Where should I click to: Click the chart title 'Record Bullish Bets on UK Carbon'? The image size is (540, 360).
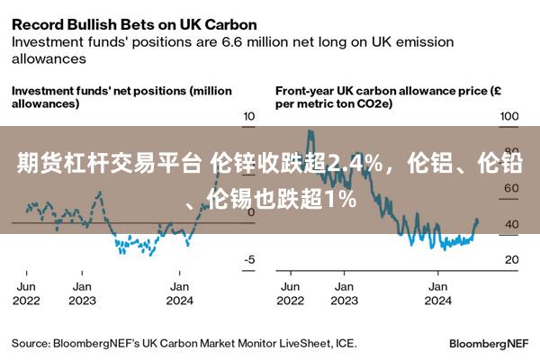tap(134, 23)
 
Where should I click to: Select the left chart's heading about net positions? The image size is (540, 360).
tap(121, 97)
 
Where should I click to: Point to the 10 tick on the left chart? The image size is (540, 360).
tap(249, 117)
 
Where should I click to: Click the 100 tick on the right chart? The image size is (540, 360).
tap(509, 117)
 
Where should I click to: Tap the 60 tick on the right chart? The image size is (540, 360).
tap(510, 188)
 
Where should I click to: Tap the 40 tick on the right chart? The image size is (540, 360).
tap(510, 224)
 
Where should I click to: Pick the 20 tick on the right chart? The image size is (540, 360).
tap(510, 259)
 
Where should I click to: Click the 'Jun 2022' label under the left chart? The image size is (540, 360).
tap(27, 293)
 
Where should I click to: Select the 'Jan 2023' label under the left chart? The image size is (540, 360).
tap(82, 293)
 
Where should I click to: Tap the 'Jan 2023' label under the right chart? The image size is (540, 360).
tap(343, 293)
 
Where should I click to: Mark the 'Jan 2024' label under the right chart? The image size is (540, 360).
tap(438, 293)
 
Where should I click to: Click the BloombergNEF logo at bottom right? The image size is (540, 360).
tap(490, 344)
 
